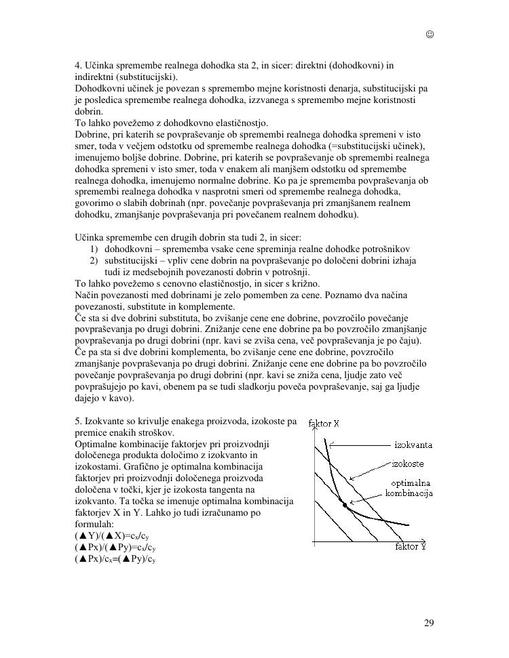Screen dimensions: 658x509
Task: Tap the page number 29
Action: [429, 623]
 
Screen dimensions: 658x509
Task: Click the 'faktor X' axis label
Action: [324, 424]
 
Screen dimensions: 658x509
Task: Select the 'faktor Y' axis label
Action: [410, 546]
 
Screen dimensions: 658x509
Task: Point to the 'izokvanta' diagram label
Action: [413, 445]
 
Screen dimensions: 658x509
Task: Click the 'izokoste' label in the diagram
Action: [409, 464]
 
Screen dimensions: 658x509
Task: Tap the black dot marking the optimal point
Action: [345, 505]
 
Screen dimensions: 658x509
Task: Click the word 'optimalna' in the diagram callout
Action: [409, 482]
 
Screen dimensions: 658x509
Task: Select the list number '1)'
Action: [94, 249]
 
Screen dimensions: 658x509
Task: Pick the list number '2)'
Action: [94, 261]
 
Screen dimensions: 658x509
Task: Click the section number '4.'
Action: [79, 66]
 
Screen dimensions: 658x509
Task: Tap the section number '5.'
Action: [79, 421]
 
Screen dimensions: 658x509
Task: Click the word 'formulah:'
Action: [93, 525]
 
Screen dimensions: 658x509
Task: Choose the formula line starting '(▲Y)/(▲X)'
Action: [111, 536]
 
